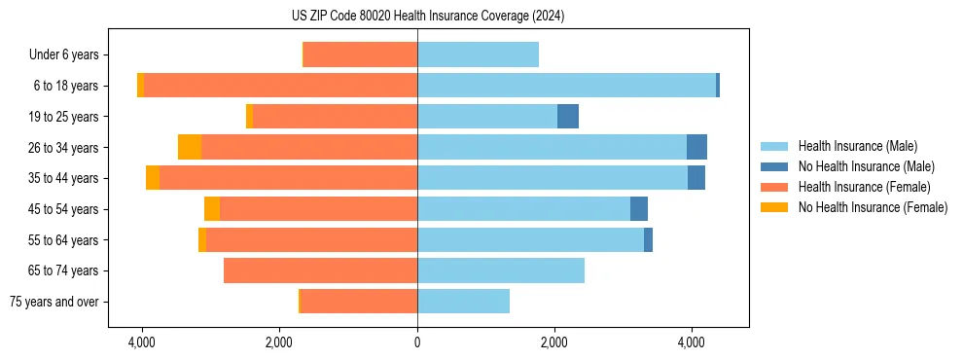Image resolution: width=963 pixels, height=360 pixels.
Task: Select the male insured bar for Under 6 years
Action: pyautogui.click(x=478, y=54)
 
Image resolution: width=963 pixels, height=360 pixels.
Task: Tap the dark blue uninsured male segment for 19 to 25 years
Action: pyautogui.click(x=568, y=117)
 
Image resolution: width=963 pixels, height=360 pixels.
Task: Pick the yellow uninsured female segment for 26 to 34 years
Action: pyautogui.click(x=190, y=147)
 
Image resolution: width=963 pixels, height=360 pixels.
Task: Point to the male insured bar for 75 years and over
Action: pyautogui.click(x=463, y=302)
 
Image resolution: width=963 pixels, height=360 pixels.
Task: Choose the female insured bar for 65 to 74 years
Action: pyautogui.click(x=320, y=270)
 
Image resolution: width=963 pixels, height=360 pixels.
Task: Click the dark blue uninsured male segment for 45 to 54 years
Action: pyautogui.click(x=639, y=209)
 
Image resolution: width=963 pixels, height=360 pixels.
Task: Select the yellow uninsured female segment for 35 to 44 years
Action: pyautogui.click(x=153, y=178)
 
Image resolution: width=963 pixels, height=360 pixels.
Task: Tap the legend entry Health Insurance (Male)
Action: pyautogui.click(x=857, y=146)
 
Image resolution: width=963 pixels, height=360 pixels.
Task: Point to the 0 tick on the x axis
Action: pyautogui.click(x=417, y=342)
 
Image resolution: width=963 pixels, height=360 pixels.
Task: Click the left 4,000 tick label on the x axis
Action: pyautogui.click(x=142, y=342)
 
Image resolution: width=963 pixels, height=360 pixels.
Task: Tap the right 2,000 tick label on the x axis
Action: pyautogui.click(x=554, y=342)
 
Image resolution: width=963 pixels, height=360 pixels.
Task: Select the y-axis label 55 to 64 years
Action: pyautogui.click(x=63, y=240)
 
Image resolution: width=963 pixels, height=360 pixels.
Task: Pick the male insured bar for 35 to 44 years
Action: pyautogui.click(x=553, y=178)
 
